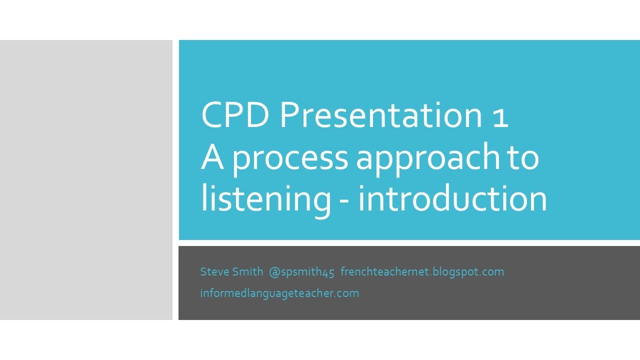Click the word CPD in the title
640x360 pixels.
(x=235, y=115)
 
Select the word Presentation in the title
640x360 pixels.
(x=379, y=115)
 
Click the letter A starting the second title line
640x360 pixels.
(x=212, y=157)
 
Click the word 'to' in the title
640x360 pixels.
(x=523, y=158)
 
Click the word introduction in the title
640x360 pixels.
(x=452, y=199)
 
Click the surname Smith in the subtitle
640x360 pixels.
(x=248, y=271)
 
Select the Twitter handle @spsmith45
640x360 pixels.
(x=301, y=272)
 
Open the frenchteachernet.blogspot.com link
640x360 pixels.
(x=422, y=272)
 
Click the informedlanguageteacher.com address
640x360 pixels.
(x=279, y=293)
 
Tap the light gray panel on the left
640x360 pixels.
(x=86, y=180)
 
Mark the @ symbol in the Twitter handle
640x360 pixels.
(x=273, y=272)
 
